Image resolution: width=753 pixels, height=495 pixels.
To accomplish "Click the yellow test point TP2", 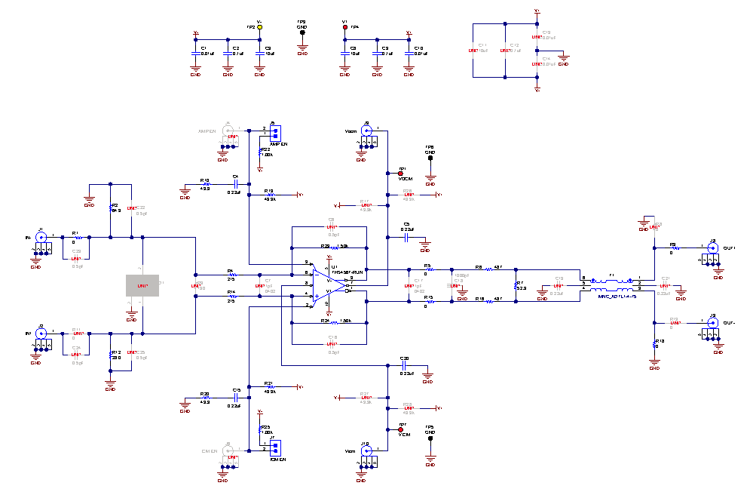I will tap(260, 27).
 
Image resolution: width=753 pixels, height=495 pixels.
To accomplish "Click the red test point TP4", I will tap(345, 27).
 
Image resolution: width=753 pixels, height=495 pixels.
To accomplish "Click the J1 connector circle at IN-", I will tap(41, 237).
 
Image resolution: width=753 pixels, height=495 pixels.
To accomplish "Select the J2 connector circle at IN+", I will tap(41, 334).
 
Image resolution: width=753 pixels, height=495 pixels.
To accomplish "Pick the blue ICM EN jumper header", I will tap(275, 447).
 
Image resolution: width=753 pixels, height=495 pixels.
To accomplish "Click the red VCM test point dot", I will tap(400, 430).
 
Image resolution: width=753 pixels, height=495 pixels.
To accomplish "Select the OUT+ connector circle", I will tap(711, 246).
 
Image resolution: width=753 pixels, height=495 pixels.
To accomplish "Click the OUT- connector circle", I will tap(711, 323).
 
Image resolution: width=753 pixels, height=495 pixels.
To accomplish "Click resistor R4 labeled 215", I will tap(231, 274).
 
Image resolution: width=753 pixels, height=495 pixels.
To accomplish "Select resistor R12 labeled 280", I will tap(111, 353).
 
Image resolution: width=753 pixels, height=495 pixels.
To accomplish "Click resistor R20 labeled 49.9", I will tap(205, 398).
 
